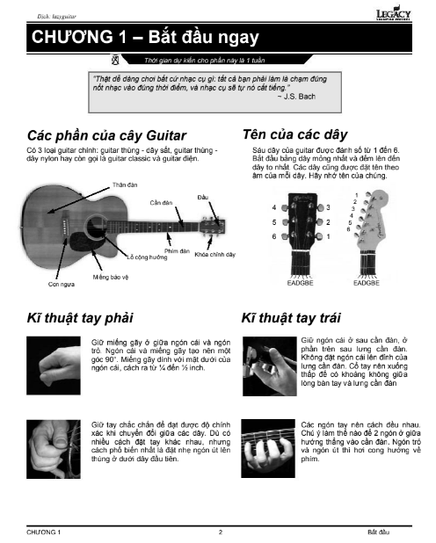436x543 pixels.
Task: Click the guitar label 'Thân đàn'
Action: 126,185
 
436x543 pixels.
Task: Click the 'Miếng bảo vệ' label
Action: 111,276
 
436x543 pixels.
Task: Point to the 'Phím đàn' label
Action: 178,251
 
